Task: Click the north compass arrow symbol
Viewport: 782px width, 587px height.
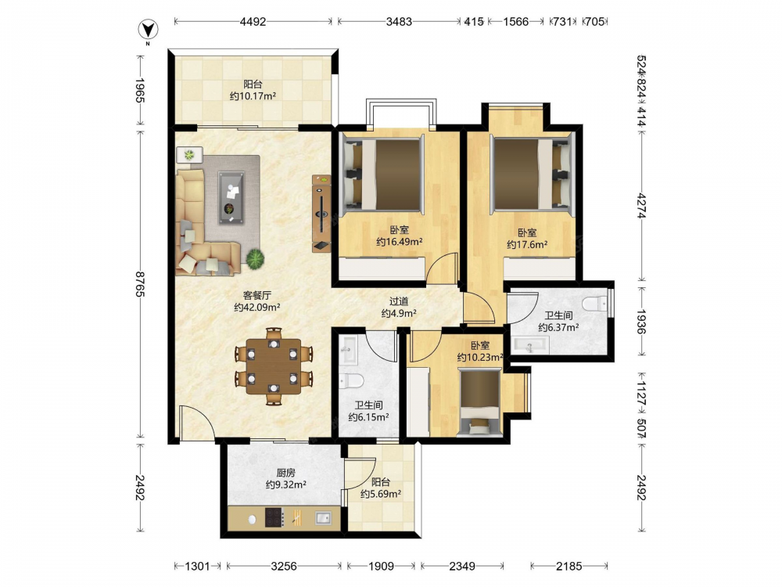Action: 148,31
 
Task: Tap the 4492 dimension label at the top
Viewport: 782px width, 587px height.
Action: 253,21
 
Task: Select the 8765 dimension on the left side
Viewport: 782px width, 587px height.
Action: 140,284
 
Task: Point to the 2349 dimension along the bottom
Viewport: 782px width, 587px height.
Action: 462,566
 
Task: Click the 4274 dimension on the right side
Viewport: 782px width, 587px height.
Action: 641,205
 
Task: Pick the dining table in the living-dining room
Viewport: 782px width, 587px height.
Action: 274,366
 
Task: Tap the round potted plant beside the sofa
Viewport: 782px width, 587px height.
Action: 256,259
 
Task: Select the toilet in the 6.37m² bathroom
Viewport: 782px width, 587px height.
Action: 594,304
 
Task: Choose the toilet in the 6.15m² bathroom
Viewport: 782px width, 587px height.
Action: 350,381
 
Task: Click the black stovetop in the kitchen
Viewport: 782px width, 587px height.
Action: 274,517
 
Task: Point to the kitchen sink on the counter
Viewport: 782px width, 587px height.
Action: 323,518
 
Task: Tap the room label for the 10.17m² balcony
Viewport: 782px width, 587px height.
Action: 253,90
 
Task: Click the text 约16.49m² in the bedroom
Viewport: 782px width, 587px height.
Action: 399,242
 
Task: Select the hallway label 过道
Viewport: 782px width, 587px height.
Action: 399,301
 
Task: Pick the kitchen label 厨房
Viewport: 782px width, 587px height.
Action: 285,472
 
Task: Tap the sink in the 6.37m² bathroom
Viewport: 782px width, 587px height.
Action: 530,345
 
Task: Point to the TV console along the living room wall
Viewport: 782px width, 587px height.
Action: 321,213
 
